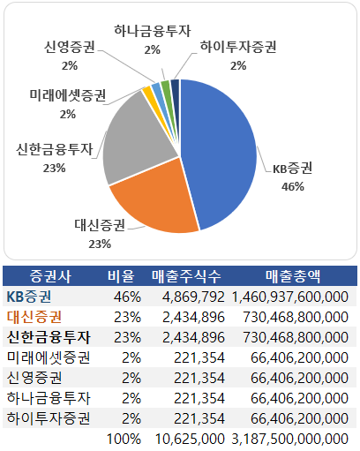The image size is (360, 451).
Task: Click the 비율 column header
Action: pyautogui.click(x=119, y=275)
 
